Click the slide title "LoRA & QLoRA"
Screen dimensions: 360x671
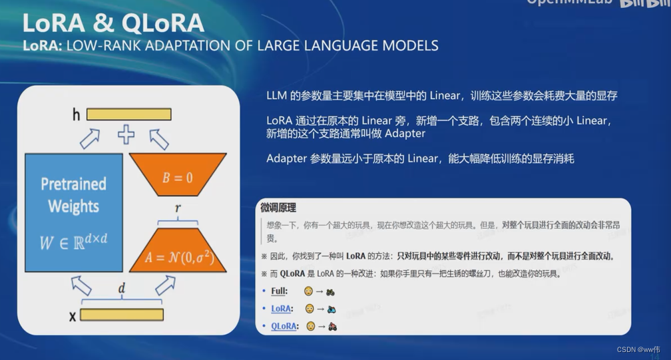pyautogui.click(x=112, y=23)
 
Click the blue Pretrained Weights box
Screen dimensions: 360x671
pyautogui.click(x=73, y=212)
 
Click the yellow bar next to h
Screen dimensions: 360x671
pyautogui.click(x=128, y=114)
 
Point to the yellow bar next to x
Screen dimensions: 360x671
pyautogui.click(x=121, y=315)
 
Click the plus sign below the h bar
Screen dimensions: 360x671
pyautogui.click(x=126, y=134)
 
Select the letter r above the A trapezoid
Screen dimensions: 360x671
pyautogui.click(x=178, y=209)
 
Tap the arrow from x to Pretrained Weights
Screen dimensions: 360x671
pyautogui.click(x=81, y=286)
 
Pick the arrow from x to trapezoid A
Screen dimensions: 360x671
pyautogui.click(x=165, y=285)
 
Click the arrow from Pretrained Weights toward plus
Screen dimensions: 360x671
pyautogui.click(x=89, y=138)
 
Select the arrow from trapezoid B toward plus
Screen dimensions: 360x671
pyautogui.click(x=158, y=138)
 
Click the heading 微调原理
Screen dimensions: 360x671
pyautogui.click(x=278, y=208)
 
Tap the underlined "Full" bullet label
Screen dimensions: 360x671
pyautogui.click(x=279, y=291)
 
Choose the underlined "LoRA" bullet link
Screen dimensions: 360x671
pyautogui.click(x=281, y=309)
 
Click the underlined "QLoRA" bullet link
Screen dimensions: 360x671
pyautogui.click(x=284, y=326)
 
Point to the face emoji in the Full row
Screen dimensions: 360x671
pyautogui.click(x=309, y=291)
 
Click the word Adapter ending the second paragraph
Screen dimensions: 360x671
pyautogui.click(x=405, y=134)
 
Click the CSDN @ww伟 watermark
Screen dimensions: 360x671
pyautogui.click(x=638, y=349)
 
